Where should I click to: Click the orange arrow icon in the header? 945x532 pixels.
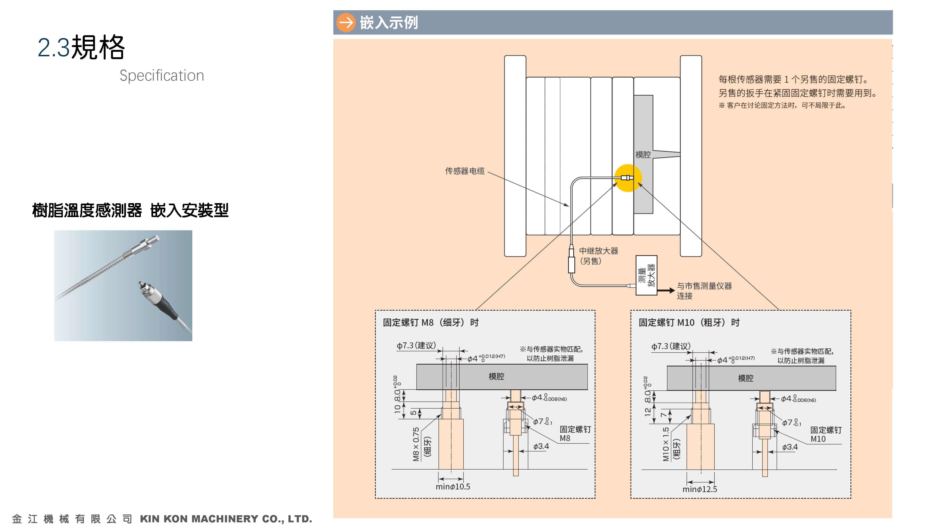point(346,22)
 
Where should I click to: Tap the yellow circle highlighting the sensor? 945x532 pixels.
point(628,178)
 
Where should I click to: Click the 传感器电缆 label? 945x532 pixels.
point(464,171)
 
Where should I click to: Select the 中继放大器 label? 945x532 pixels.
point(598,251)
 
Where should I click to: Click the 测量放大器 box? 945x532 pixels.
point(646,275)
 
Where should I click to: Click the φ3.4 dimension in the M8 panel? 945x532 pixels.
point(541,446)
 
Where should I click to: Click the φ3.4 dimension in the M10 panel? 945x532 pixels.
point(790,447)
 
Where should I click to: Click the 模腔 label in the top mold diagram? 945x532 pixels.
point(643,155)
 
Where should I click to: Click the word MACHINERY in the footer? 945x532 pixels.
point(224,519)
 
